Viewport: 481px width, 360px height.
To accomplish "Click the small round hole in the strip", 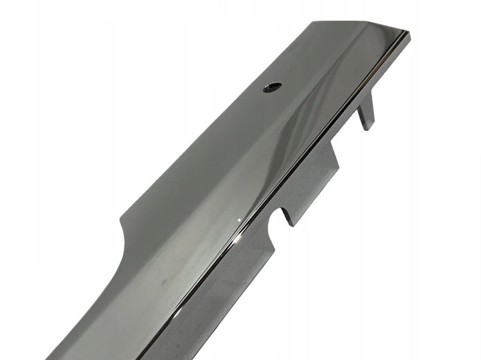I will click(x=272, y=87).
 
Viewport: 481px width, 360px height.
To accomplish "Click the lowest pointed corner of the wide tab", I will click(x=291, y=224).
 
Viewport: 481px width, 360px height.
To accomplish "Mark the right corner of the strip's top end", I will click(x=409, y=33).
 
